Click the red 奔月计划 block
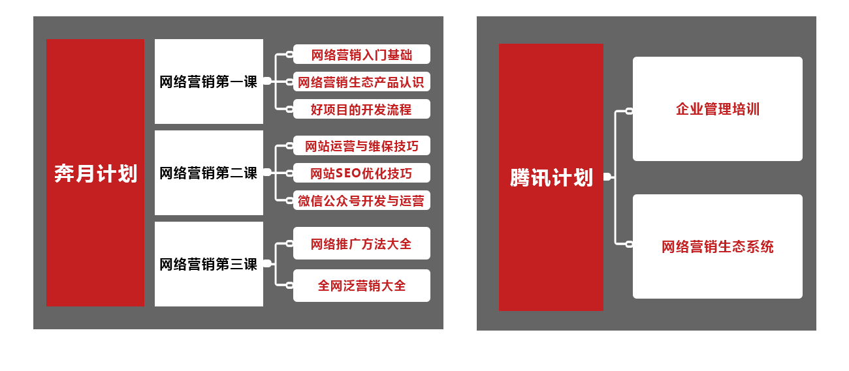click(95, 173)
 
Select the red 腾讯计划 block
click(551, 177)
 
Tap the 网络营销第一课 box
click(209, 82)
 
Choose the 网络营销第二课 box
click(209, 173)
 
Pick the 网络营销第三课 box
click(209, 264)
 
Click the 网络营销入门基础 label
click(361, 55)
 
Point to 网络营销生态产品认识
click(361, 82)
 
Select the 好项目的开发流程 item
click(361, 110)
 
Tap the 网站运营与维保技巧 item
click(361, 146)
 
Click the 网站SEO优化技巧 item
click(361, 173)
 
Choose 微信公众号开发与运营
click(361, 201)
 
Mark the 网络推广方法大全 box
click(361, 244)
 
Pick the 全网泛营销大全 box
click(361, 286)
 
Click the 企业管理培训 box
click(717, 109)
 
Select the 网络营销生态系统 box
click(717, 246)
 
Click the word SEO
click(348, 173)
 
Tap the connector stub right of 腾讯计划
click(607, 177)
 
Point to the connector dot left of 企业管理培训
click(629, 111)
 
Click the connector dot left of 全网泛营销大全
click(289, 285)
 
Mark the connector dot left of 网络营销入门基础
click(289, 55)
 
